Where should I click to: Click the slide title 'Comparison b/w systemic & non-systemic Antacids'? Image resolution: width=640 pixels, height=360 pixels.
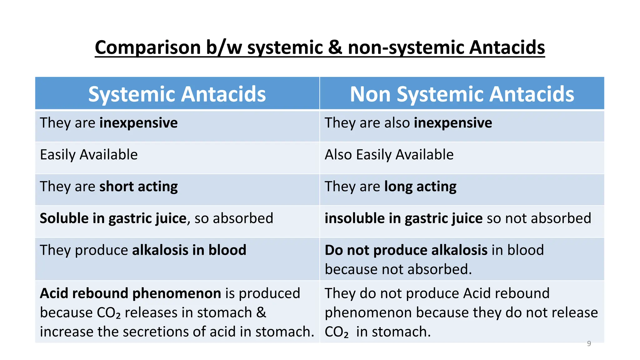320,47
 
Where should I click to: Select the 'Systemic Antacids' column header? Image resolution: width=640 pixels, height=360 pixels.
177,94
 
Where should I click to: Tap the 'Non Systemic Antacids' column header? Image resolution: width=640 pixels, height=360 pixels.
462,94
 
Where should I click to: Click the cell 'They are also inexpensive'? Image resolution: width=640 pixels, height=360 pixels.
408,123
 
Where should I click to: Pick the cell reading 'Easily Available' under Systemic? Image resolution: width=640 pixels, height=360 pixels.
89,155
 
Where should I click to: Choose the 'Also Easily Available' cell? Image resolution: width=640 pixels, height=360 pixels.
389,155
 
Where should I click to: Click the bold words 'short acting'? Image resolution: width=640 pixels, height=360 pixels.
138,187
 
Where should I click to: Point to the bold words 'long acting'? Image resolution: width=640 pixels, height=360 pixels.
420,187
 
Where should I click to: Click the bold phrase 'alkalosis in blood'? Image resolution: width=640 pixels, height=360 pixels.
189,250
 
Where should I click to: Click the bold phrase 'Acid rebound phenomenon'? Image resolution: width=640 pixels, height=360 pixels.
131,293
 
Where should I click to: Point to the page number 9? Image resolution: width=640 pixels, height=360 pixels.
589,343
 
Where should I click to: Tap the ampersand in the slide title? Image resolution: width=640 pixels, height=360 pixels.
335,47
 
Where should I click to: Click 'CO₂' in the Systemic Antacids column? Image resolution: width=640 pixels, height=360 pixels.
108,313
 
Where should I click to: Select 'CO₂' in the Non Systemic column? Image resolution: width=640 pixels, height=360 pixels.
336,332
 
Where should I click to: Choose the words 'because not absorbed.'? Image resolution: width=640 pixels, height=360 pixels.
398,269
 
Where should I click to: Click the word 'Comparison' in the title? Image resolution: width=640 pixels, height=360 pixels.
148,47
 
